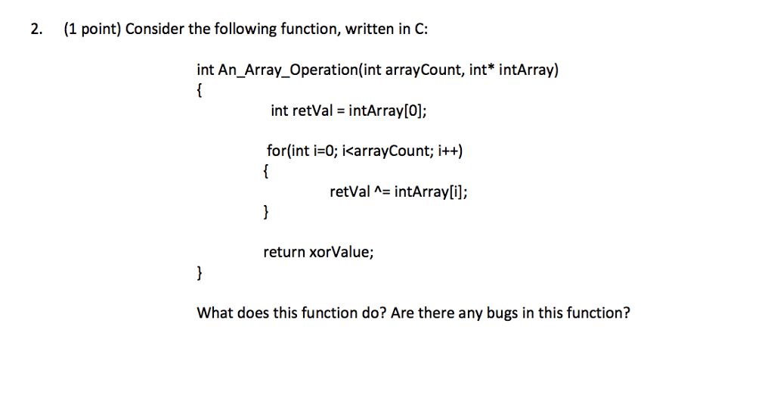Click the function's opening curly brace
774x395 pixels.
pyautogui.click(x=199, y=92)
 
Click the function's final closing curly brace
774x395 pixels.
pyautogui.click(x=199, y=272)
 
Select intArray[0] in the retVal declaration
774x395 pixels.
pyautogui.click(x=388, y=111)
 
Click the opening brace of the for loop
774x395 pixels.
pyautogui.click(x=265, y=172)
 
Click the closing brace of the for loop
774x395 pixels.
pyautogui.click(x=265, y=212)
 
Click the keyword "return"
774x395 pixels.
pyautogui.click(x=284, y=252)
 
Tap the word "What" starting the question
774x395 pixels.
pyautogui.click(x=214, y=313)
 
